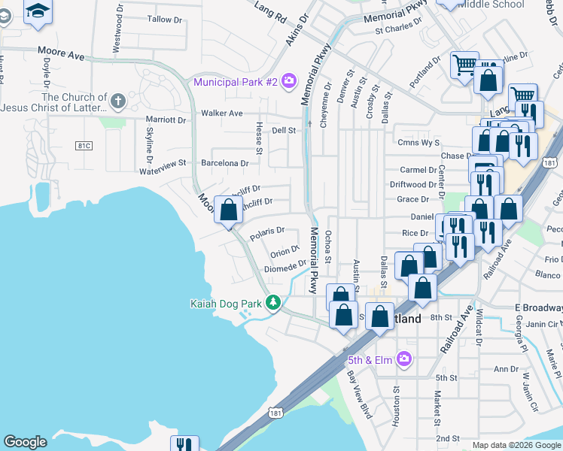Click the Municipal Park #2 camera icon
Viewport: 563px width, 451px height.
[289, 81]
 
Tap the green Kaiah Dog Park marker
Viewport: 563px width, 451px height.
[274, 304]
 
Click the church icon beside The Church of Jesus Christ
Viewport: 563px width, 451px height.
[117, 101]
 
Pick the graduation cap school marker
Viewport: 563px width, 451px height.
[38, 11]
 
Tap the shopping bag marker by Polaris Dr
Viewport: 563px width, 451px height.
[228, 211]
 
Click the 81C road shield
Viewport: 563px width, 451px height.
[67, 144]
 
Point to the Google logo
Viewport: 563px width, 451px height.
[26, 442]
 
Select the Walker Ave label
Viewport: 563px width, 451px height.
[221, 114]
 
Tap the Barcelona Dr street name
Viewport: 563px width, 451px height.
[224, 163]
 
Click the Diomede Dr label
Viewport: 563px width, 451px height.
[285, 267]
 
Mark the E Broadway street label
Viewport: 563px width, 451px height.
[539, 308]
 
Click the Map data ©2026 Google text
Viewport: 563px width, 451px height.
[516, 445]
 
